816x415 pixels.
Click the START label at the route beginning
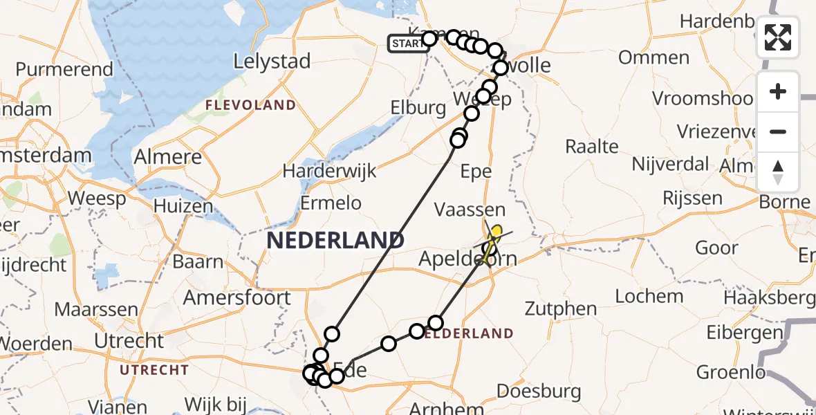pyautogui.click(x=406, y=44)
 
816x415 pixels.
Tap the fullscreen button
pyautogui.click(x=778, y=37)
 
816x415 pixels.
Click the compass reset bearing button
pyautogui.click(x=778, y=172)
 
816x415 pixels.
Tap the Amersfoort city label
pyautogui.click(x=237, y=298)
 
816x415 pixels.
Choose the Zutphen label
pyautogui.click(x=561, y=308)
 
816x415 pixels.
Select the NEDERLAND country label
pyautogui.click(x=335, y=241)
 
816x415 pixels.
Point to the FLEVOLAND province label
pyautogui.click(x=250, y=105)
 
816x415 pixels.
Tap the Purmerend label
pyautogui.click(x=64, y=69)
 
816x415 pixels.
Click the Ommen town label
pyautogui.click(x=653, y=57)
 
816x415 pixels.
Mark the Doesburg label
pyautogui.click(x=539, y=391)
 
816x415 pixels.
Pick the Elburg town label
pyautogui.click(x=418, y=108)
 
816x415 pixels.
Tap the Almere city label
pyautogui.click(x=168, y=157)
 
